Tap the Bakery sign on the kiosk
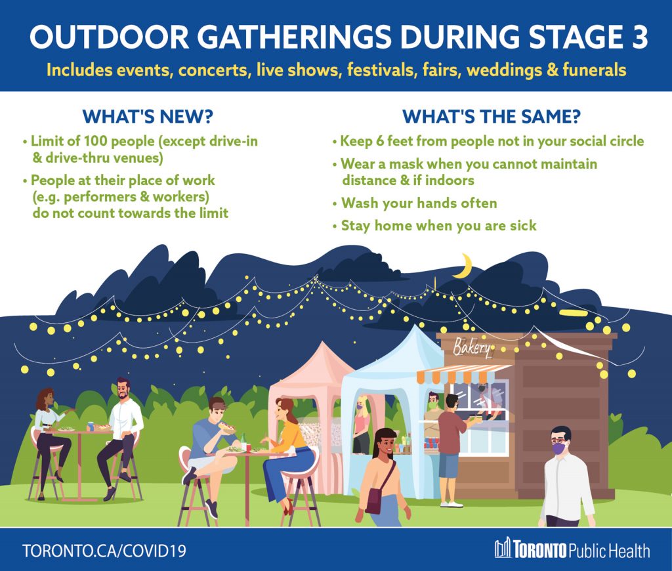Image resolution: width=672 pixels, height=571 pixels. pos(472,347)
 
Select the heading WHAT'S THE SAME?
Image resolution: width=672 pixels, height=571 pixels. pos(491,116)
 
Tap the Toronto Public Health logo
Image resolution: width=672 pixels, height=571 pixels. pos(572,549)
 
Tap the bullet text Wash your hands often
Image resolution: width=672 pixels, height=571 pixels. pos(419,203)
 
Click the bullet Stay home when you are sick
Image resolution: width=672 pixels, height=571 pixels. pos(438,226)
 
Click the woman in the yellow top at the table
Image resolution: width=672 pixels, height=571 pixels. pos(289,446)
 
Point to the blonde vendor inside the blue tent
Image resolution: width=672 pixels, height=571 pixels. pos(361,423)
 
